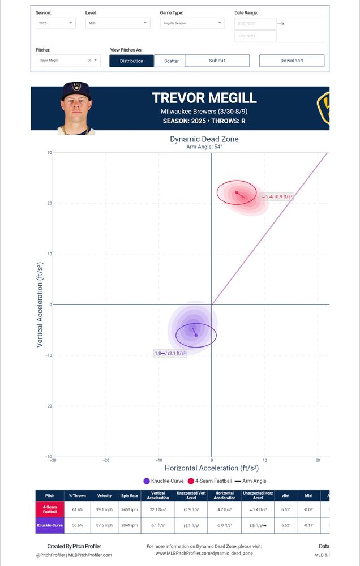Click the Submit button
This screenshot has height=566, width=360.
(x=217, y=61)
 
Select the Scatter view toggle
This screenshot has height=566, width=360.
(x=171, y=61)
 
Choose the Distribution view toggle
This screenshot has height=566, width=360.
(x=131, y=61)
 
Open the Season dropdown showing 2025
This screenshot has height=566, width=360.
(x=55, y=23)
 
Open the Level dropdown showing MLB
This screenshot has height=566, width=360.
(x=118, y=23)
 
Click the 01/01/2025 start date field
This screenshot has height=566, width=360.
(x=255, y=24)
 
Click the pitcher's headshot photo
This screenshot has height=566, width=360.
(x=76, y=108)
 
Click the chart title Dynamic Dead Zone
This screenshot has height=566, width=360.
(x=204, y=139)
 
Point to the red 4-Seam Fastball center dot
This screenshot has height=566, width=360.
(x=237, y=192)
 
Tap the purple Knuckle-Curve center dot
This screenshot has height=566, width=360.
(x=196, y=336)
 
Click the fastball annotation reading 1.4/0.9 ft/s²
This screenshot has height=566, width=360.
(x=276, y=197)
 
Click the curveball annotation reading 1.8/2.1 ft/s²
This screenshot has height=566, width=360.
(x=170, y=353)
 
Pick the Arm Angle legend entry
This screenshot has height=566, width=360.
(x=250, y=481)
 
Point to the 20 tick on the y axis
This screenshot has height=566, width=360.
(x=49, y=203)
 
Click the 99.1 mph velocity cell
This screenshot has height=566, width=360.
(x=104, y=509)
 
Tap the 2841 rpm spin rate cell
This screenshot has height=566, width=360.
(x=130, y=525)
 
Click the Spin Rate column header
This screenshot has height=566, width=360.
(x=130, y=496)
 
